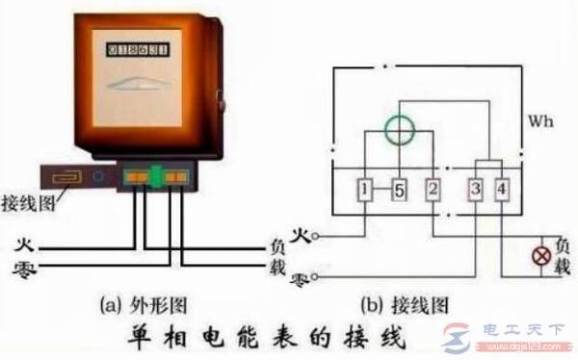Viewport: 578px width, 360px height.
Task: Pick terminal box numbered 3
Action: coord(477,191)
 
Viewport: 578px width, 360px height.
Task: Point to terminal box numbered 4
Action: coord(503,191)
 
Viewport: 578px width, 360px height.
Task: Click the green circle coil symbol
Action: coord(397,132)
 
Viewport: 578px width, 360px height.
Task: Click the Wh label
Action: coord(542,124)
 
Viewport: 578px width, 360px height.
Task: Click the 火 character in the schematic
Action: coord(299,234)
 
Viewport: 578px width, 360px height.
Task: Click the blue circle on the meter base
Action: coord(97,178)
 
